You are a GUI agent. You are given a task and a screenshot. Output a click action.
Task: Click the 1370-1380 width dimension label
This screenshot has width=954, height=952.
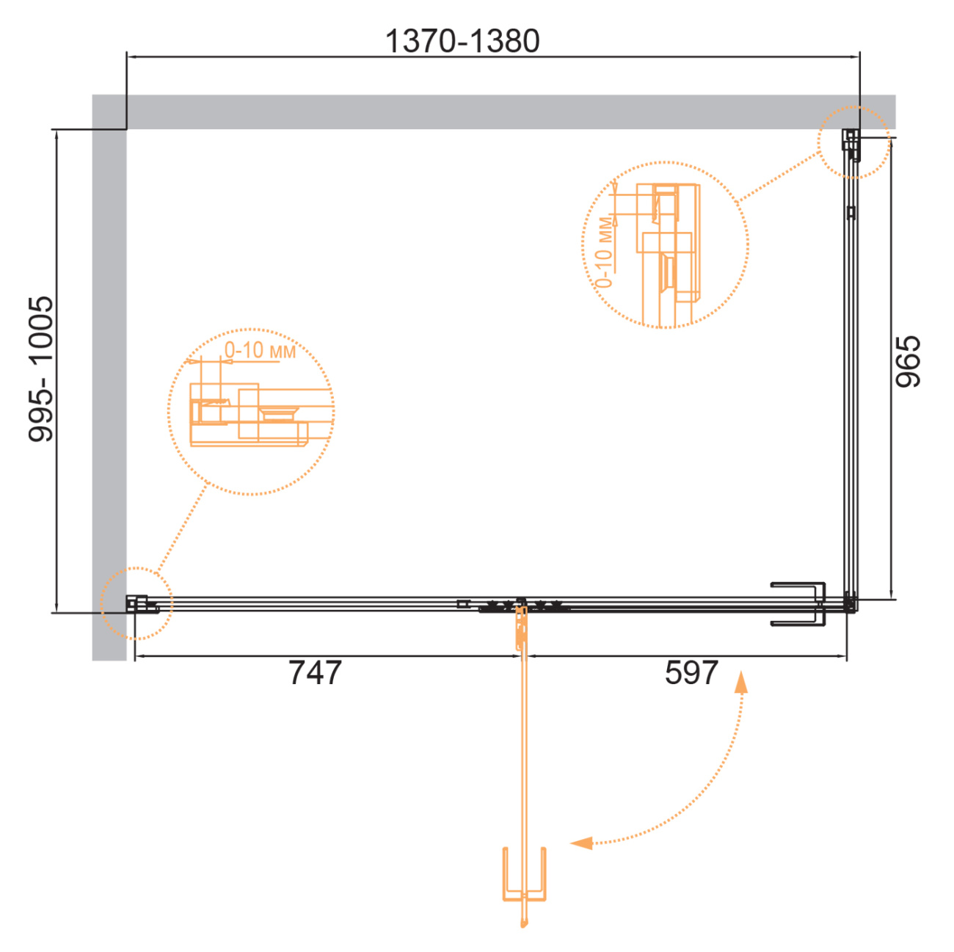[462, 40]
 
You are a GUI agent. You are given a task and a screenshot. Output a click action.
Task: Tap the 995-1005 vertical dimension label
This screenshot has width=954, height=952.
[40, 368]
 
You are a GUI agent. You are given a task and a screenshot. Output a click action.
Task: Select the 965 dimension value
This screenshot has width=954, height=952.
[908, 362]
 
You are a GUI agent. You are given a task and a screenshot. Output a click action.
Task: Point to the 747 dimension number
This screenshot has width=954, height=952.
[315, 672]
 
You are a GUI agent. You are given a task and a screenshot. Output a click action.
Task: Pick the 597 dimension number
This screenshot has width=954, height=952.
[691, 672]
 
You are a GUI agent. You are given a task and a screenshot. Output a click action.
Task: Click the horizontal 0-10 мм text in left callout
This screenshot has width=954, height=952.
[261, 350]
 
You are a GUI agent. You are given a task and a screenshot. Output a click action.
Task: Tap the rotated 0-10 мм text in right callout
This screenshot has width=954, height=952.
[605, 252]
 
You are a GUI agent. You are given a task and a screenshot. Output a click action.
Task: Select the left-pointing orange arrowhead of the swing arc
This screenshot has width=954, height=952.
[581, 843]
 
